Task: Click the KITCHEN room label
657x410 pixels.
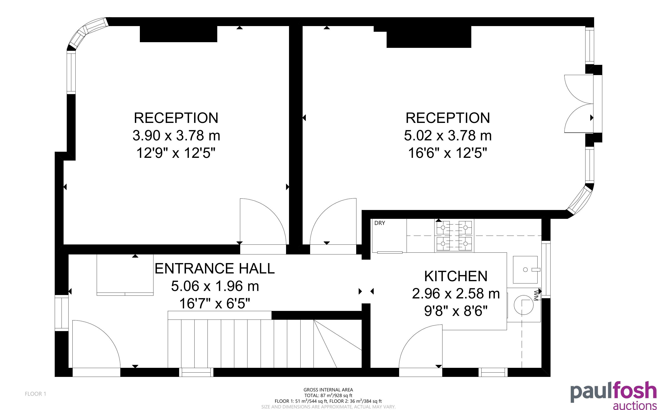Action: (x=456, y=276)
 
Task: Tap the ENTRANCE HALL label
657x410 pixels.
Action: (x=215, y=268)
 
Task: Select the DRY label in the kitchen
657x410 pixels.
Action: (x=379, y=223)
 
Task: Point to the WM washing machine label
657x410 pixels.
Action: (x=536, y=295)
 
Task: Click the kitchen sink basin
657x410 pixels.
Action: (x=525, y=270)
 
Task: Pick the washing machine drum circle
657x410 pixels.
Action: (x=524, y=305)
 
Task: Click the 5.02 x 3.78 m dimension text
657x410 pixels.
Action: (x=448, y=136)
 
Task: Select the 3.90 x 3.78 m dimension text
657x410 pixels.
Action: (x=176, y=136)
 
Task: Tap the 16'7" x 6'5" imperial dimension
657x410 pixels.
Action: (x=215, y=303)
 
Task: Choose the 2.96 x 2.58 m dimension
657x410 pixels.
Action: (x=456, y=293)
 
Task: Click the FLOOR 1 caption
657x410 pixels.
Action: (x=36, y=394)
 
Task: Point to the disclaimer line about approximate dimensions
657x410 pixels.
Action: (x=328, y=407)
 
